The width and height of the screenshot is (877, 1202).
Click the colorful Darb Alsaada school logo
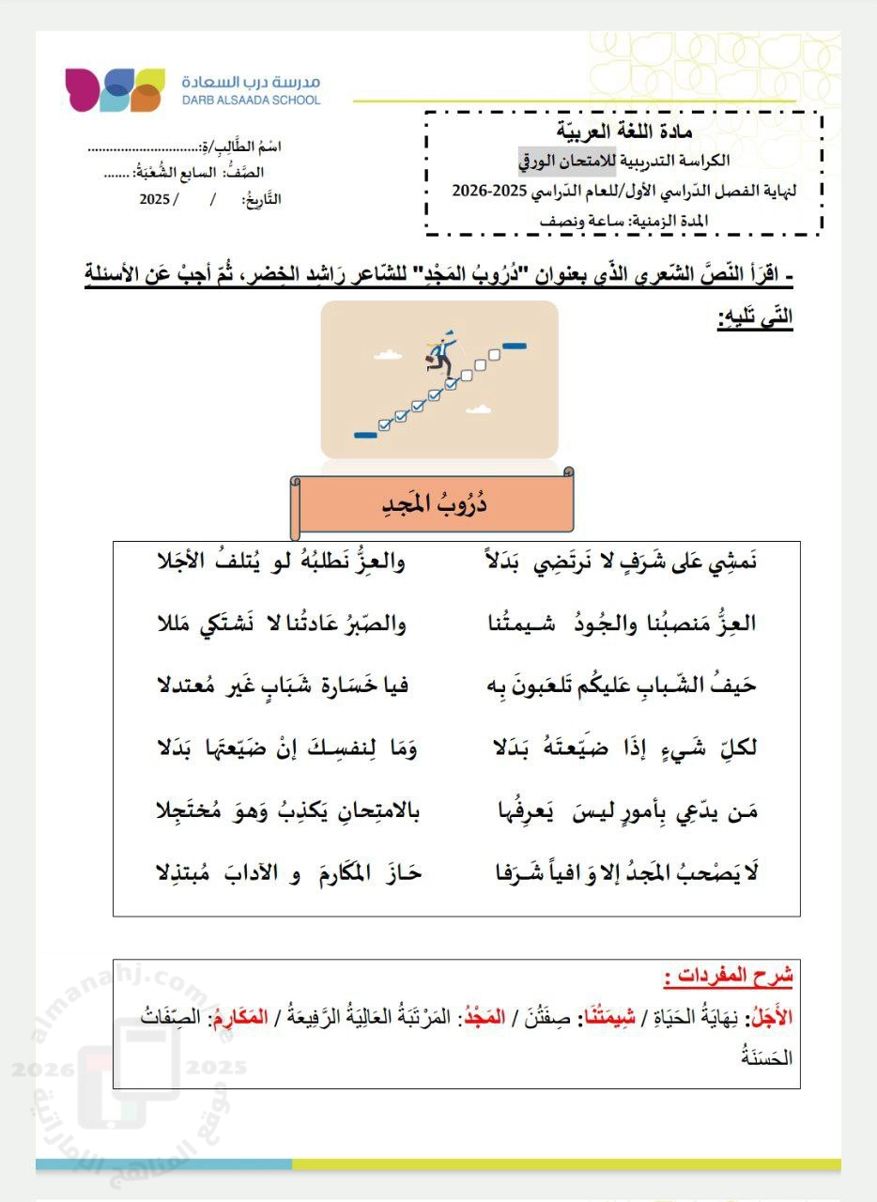point(115,89)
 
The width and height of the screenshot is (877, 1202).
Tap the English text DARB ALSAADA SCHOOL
point(251,100)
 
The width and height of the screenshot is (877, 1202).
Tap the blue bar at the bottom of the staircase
point(364,434)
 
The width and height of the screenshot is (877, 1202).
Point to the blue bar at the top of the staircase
point(514,346)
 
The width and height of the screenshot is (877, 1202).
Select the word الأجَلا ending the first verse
point(185,563)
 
